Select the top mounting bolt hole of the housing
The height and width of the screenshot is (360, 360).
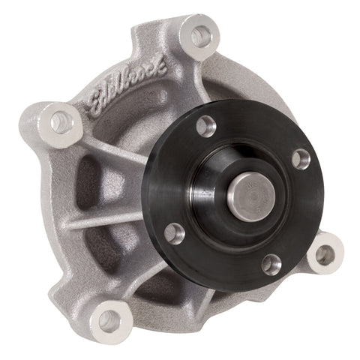click(x=202, y=34)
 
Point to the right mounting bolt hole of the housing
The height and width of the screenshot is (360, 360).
click(x=325, y=254)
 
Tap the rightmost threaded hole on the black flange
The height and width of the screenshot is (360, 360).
click(x=300, y=158)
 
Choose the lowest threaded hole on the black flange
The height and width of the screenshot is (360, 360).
click(x=271, y=264)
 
